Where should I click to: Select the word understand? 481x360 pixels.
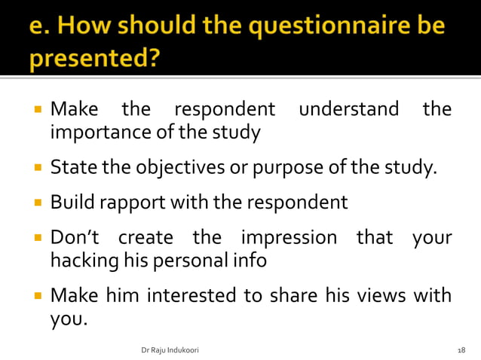[x=349, y=110]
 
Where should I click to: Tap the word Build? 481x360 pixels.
[x=70, y=203]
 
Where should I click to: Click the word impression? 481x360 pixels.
[x=289, y=238]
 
